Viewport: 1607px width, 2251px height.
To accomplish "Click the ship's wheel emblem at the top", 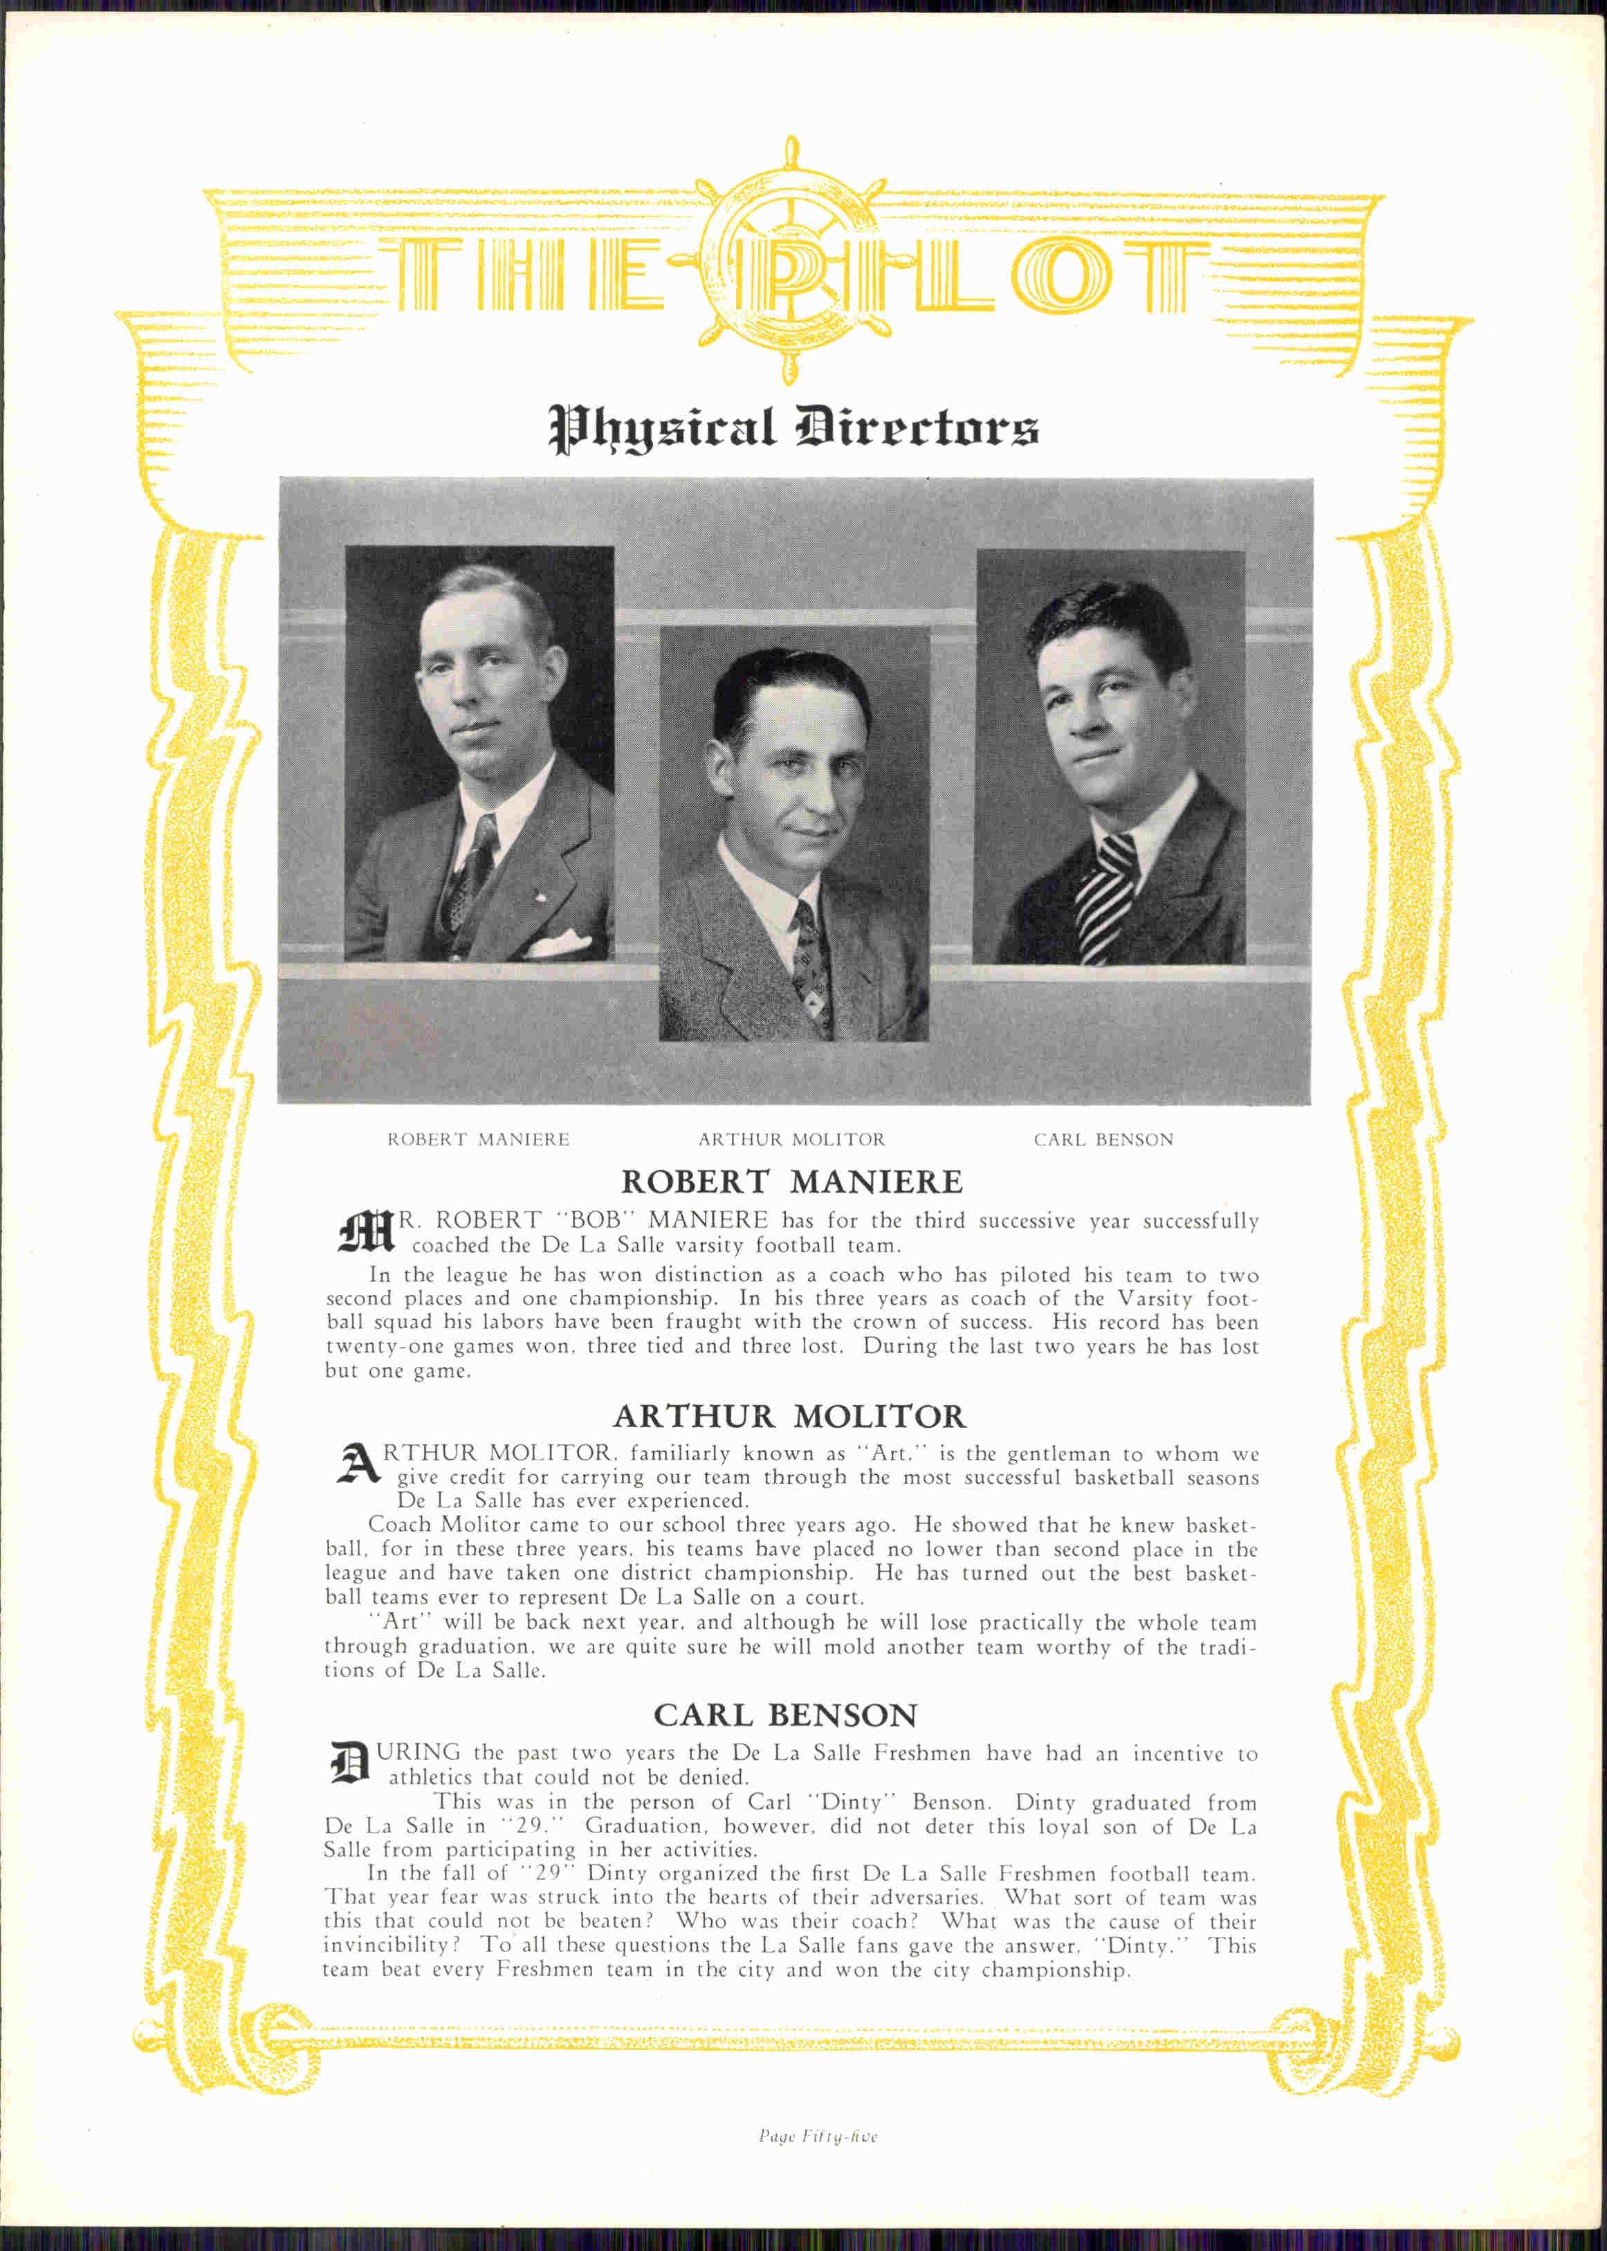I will pos(789,260).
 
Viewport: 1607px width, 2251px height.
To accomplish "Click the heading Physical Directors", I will pos(793,428).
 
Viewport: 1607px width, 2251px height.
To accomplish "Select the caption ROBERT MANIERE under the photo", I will pos(478,1140).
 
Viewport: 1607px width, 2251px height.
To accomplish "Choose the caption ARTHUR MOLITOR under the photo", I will pos(791,1140).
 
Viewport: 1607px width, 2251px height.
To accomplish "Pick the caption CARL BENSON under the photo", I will pos(1103,1140).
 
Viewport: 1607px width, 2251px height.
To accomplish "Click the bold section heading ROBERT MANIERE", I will pos(791,1182).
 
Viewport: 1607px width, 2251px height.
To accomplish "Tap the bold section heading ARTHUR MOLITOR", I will pos(789,1417).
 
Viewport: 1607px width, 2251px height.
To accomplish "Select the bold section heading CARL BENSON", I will pos(786,1715).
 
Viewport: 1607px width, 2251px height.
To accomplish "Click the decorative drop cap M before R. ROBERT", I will pos(365,1233).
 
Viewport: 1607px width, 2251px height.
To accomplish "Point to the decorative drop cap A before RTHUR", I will pos(358,1465).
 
